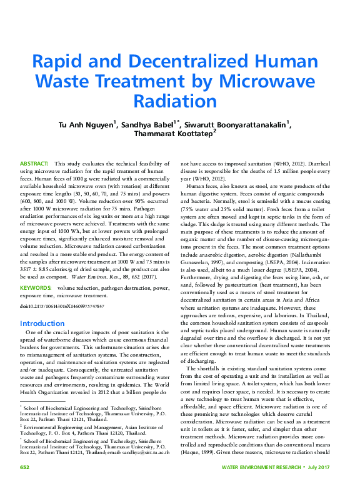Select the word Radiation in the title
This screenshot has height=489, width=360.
click(x=180, y=101)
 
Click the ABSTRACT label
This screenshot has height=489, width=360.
click(x=34, y=163)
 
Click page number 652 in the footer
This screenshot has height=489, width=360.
click(x=25, y=467)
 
